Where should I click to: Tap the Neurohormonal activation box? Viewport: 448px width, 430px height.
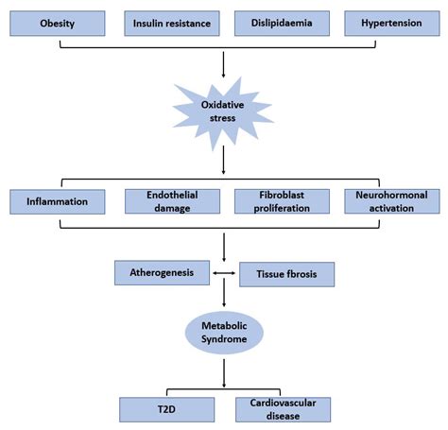tap(390, 201)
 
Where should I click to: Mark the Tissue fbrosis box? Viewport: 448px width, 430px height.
tap(286, 275)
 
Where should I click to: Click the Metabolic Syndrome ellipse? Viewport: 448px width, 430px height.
tap(221, 334)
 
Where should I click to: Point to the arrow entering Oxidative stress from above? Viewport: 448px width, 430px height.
tap(221, 64)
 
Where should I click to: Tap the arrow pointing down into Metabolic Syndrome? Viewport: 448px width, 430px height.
tap(221, 301)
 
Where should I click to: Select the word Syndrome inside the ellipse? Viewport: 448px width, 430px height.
tap(221, 340)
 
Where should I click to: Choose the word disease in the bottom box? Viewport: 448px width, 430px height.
tap(283, 415)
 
